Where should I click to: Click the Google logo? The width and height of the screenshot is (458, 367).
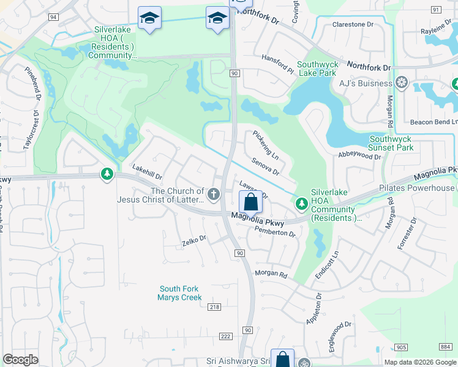coord(20,360)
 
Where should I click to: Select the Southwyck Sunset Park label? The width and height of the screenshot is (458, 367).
coord(391,143)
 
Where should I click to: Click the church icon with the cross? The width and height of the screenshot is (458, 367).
coord(214,195)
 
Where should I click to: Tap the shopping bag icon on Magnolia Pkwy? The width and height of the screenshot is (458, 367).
coord(250,201)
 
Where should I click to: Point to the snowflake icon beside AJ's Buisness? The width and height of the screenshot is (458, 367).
coord(402,83)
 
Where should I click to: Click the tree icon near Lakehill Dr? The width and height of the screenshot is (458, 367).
coord(107,175)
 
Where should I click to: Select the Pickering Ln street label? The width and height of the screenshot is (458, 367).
coord(266,144)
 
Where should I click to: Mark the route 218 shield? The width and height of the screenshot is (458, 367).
coord(214,307)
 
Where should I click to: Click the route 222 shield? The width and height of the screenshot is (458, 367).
coord(225,337)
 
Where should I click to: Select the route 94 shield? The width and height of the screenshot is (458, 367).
coord(53,17)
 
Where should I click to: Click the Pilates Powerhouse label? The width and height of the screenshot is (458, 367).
coord(426,188)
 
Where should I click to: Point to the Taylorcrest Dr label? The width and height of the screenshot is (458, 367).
coord(26,131)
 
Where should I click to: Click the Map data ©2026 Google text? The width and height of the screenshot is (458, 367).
coord(419,362)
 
